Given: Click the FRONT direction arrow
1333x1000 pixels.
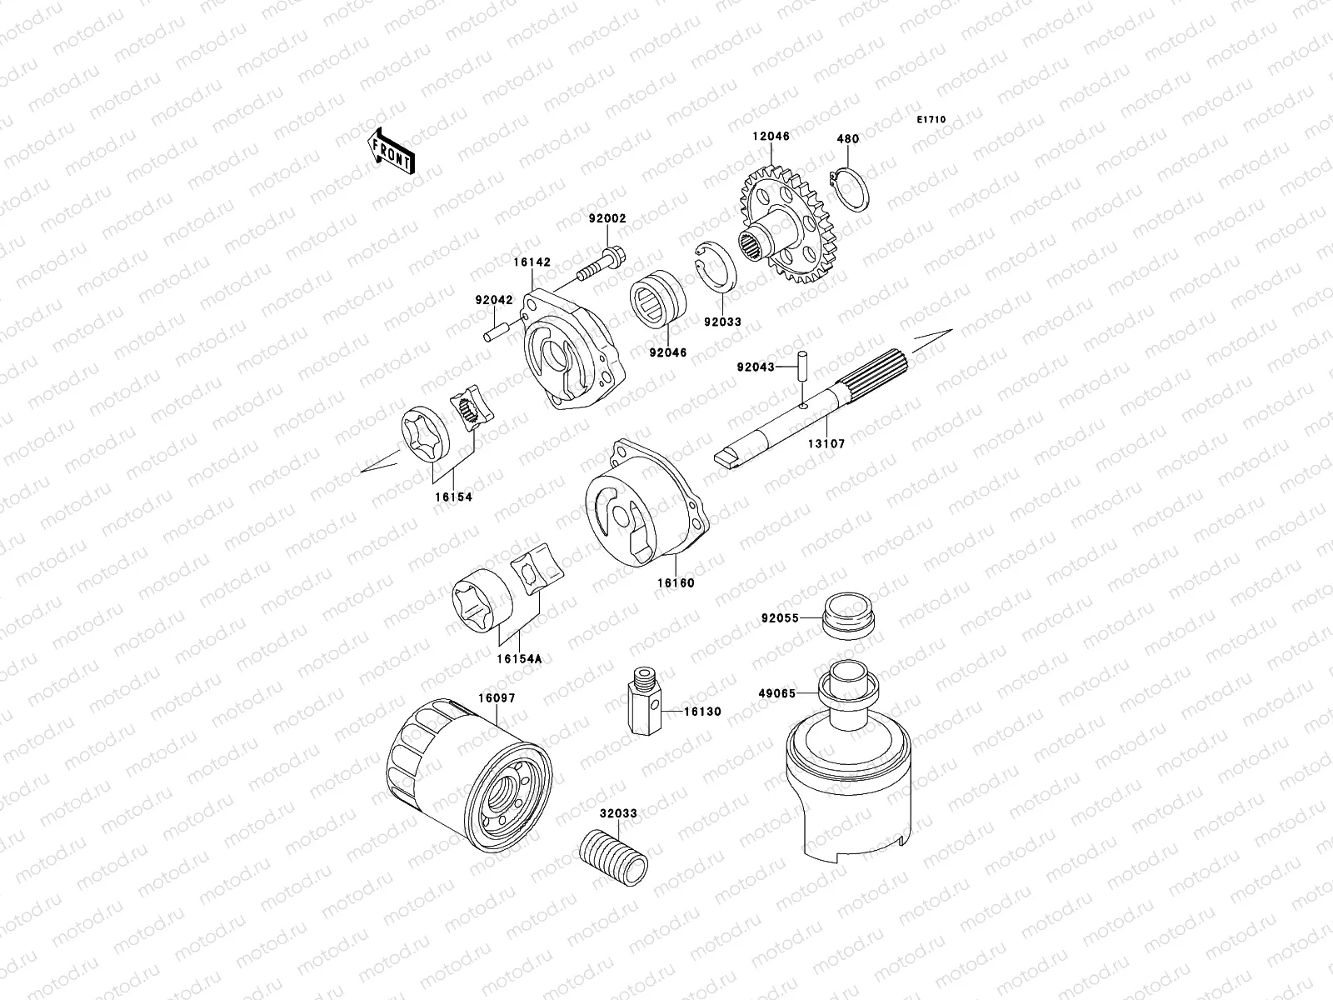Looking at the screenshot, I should (403, 151).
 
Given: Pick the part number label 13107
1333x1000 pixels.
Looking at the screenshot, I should (826, 444).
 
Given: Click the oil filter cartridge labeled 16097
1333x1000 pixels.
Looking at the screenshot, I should (471, 776).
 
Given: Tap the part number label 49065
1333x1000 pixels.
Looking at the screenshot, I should (776, 693).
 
